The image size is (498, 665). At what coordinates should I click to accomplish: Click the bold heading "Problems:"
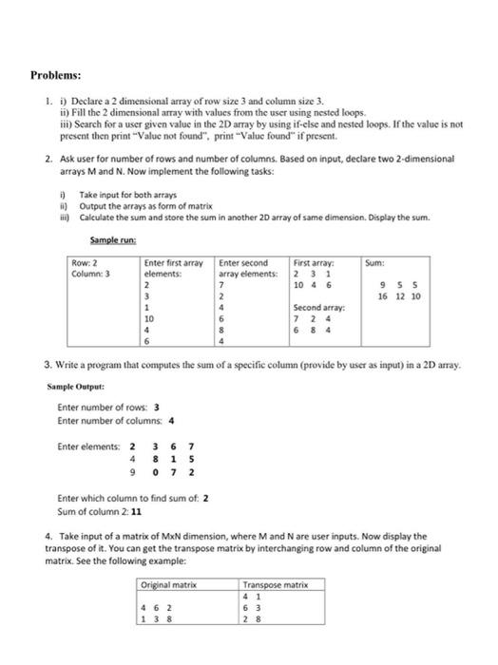55,73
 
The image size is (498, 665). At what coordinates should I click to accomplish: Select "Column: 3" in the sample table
91,246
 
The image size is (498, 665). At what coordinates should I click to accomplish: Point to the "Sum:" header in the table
376,236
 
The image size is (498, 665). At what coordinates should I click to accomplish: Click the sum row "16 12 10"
399,296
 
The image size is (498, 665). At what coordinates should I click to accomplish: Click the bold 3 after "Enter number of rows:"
144,408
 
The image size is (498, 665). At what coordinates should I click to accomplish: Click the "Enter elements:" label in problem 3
87,446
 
